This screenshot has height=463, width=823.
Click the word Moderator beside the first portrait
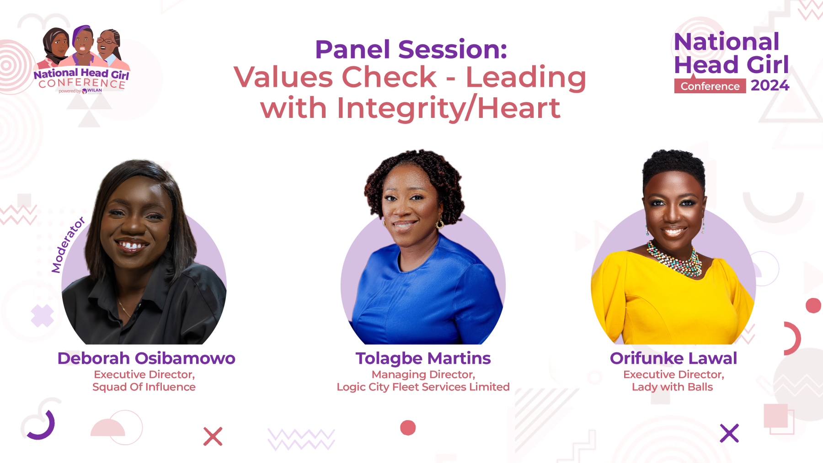pyautogui.click(x=68, y=245)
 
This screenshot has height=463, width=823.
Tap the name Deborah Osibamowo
pyautogui.click(x=146, y=358)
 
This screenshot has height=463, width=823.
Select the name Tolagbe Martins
pyautogui.click(x=423, y=359)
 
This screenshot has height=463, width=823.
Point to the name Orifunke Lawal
pyautogui.click(x=673, y=358)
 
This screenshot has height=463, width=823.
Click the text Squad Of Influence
pyautogui.click(x=144, y=387)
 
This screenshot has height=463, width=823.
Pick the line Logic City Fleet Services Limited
pyautogui.click(x=423, y=387)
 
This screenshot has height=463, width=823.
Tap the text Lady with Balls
pyautogui.click(x=672, y=387)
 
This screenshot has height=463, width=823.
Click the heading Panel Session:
pyautogui.click(x=411, y=49)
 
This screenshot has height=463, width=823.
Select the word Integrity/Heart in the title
pyautogui.click(x=448, y=109)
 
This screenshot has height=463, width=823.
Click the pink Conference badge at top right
pyautogui.click(x=710, y=86)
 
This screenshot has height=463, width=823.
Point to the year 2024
pyautogui.click(x=770, y=85)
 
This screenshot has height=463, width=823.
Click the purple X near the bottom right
pyautogui.click(x=729, y=433)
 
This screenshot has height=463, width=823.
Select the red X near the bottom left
pyautogui.click(x=213, y=436)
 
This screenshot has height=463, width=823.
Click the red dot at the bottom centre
pyautogui.click(x=408, y=428)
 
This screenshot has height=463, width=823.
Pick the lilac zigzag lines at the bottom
pyautogui.click(x=301, y=439)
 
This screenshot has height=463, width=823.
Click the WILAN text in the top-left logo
pyautogui.click(x=95, y=90)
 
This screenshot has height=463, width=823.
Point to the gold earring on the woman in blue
pyautogui.click(x=440, y=224)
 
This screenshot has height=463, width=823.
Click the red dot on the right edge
pyautogui.click(x=813, y=305)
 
